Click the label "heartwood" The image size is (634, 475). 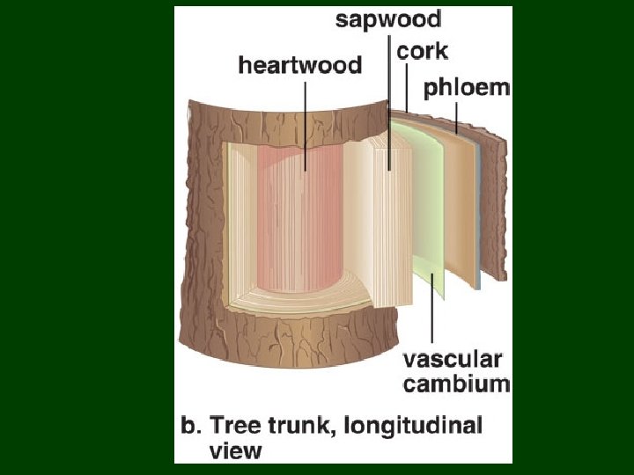pyautogui.click(x=300, y=65)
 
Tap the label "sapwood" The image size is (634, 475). pyautogui.click(x=388, y=19)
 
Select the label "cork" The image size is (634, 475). pyautogui.click(x=422, y=50)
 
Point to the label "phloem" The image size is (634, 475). pyautogui.click(x=467, y=87)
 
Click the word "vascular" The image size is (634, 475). pyautogui.click(x=452, y=359)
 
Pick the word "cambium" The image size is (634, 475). pyautogui.click(x=456, y=383)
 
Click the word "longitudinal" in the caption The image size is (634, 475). pyautogui.click(x=411, y=426)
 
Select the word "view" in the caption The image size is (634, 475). pyautogui.click(x=235, y=450)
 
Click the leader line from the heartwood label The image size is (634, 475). pyautogui.click(x=306, y=123)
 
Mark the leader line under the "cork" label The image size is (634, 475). pyautogui.click(x=406, y=88)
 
